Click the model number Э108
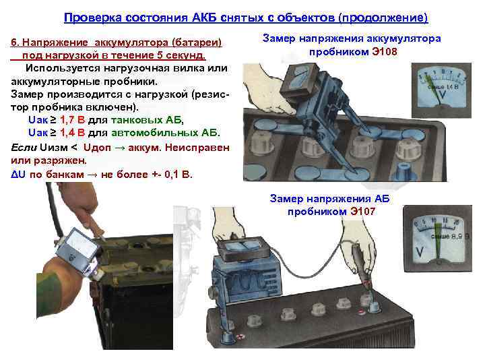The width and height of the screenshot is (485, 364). coord(391,51)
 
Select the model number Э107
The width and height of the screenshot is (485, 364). coord(362,211)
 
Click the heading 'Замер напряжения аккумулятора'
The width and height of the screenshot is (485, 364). coord(350,38)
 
